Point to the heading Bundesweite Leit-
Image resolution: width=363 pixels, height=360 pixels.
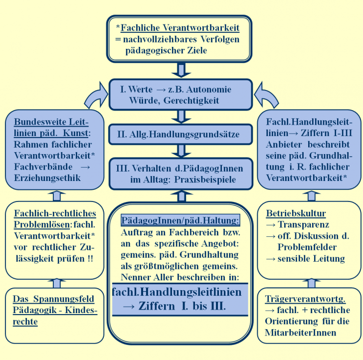click(51, 122)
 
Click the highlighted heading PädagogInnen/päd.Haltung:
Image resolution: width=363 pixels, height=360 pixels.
click(180, 220)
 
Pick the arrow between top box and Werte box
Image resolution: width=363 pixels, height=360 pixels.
click(181, 70)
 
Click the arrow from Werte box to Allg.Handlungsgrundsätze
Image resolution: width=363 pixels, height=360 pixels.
click(181, 117)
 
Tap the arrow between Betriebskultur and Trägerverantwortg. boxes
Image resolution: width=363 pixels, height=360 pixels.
click(312, 283)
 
